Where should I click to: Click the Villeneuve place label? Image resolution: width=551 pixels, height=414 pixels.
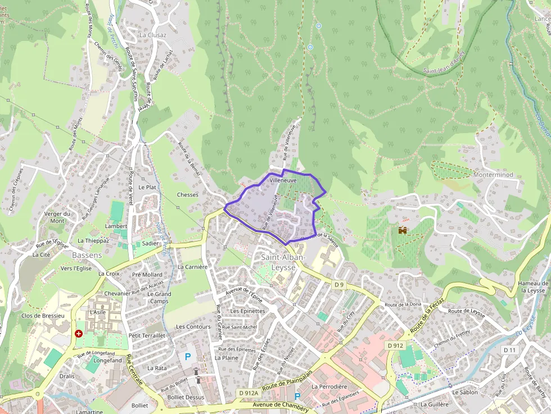(283, 181)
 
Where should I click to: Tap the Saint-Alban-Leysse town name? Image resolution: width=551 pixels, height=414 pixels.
(283, 262)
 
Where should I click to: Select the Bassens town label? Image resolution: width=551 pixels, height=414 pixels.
(87, 255)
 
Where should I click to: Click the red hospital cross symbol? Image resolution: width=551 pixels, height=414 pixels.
(79, 334)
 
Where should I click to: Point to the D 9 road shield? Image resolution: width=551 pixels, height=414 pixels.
(338, 285)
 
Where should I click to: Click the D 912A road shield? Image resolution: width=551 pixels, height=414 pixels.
(248, 393)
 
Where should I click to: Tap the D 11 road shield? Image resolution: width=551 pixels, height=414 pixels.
(509, 350)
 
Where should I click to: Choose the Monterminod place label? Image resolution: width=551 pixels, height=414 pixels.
(493, 175)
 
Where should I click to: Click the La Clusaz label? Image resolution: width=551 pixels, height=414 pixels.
(153, 34)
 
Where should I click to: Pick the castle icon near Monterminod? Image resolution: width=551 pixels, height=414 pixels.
(403, 230)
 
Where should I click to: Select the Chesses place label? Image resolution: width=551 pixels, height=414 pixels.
(188, 195)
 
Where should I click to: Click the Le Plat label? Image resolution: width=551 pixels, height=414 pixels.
(147, 187)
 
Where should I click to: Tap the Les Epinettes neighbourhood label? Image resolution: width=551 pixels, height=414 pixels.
(248, 311)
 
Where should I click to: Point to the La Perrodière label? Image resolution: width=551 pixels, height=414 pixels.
(329, 386)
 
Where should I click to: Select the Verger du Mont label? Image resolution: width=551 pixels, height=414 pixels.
(57, 217)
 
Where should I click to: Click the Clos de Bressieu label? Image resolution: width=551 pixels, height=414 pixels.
(43, 316)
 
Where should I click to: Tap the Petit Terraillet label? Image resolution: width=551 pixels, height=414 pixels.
(147, 335)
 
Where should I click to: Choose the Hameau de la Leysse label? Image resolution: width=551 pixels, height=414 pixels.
(532, 286)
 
